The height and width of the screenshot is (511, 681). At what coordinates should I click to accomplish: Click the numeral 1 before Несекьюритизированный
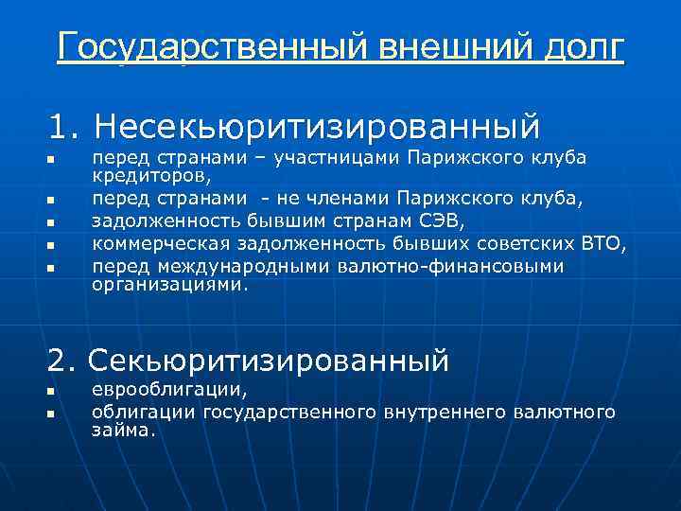pyautogui.click(x=61, y=126)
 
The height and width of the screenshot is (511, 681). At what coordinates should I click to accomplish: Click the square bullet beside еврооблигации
pyautogui.click(x=54, y=392)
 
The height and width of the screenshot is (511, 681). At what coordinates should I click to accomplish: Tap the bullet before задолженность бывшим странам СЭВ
pyautogui.click(x=54, y=223)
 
